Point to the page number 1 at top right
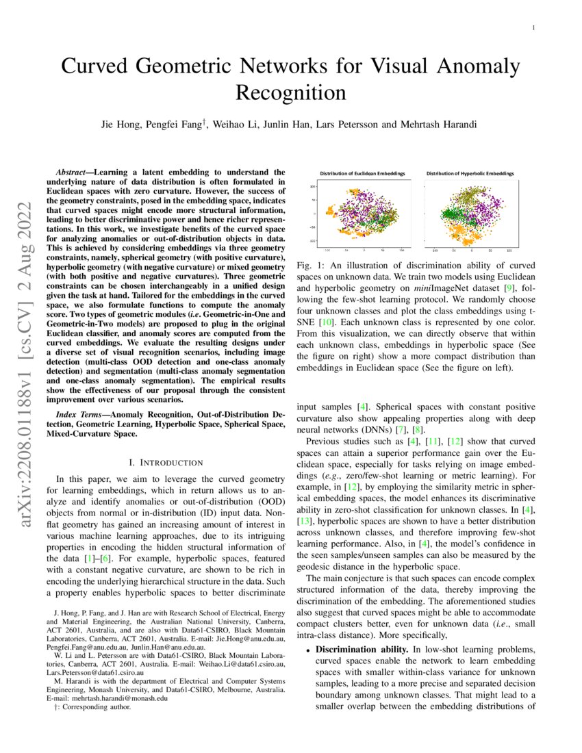click(x=533, y=28)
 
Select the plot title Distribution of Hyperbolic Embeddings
click(x=470, y=174)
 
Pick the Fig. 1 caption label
click(x=309, y=264)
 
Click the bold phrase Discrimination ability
click(x=355, y=648)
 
